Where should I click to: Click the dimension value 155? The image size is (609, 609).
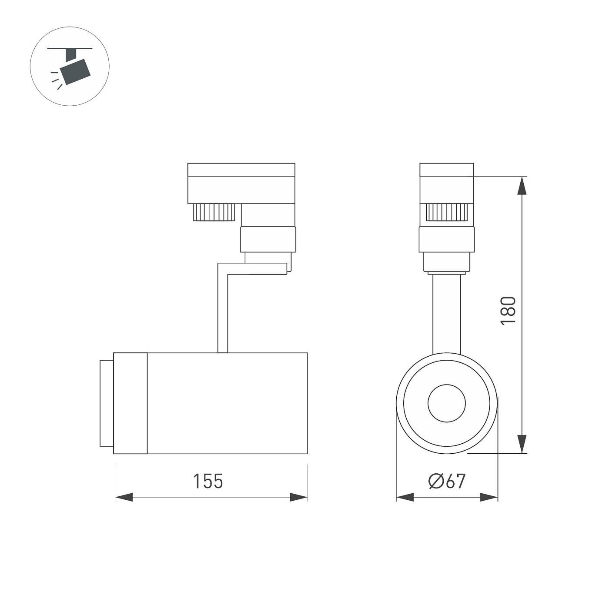pyautogui.click(x=208, y=481)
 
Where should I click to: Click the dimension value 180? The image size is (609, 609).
pyautogui.click(x=508, y=310)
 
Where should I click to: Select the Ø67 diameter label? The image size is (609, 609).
pyautogui.click(x=447, y=481)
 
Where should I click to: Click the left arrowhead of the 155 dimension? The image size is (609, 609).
pyautogui.click(x=124, y=497)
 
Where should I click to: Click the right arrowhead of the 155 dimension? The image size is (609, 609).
pyautogui.click(x=299, y=497)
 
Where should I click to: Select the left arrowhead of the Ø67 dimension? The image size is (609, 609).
pyautogui.click(x=405, y=497)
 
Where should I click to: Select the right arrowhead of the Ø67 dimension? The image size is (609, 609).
pyautogui.click(x=489, y=497)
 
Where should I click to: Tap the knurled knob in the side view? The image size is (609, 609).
pyautogui.click(x=214, y=212)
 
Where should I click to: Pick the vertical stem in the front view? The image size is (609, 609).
pyautogui.click(x=447, y=313)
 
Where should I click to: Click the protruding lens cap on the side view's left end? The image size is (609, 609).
pyautogui.click(x=106, y=403)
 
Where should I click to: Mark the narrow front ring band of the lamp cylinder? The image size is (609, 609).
pyautogui.click(x=130, y=403)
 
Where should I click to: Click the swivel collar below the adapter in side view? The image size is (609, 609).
pyautogui.click(x=268, y=239)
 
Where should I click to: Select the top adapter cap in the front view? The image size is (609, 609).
pyautogui.click(x=447, y=170)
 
